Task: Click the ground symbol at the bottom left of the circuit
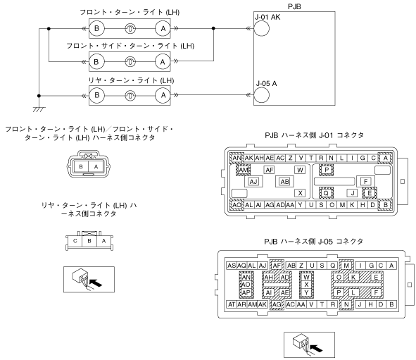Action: (39, 109)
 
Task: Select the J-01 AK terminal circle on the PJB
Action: (262, 28)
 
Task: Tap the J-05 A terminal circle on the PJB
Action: (262, 95)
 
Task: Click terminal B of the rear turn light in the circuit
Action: (97, 95)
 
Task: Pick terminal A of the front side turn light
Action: (163, 62)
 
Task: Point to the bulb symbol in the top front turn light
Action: (130, 28)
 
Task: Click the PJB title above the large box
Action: (294, 6)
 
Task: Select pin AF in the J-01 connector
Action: (270, 170)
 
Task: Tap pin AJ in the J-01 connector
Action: (253, 182)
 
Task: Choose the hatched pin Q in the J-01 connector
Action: (326, 193)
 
